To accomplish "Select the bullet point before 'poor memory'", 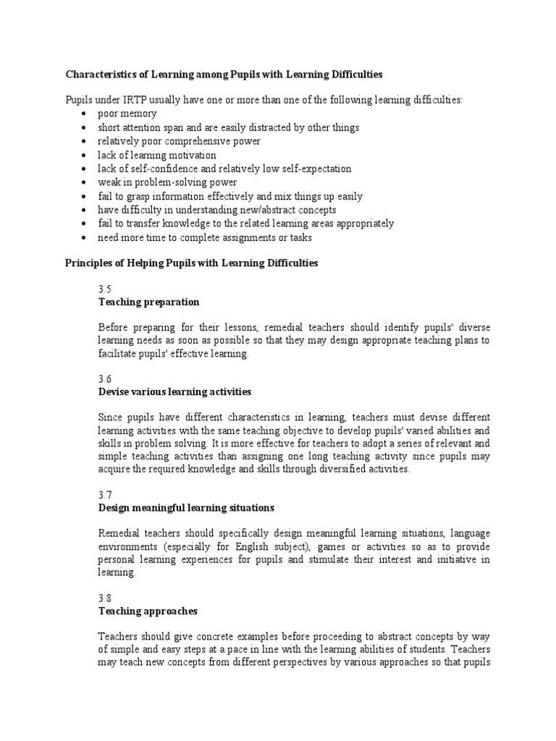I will (x=85, y=114).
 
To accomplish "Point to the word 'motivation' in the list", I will (x=191, y=155).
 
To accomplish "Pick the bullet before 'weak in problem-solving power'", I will (x=85, y=183).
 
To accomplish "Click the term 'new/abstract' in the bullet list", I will (x=261, y=210).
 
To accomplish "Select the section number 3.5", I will (x=105, y=288).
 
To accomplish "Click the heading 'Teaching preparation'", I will (x=148, y=302).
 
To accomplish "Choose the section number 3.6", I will (x=105, y=378).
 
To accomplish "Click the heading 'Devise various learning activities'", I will (x=174, y=391).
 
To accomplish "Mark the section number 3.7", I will (x=105, y=495).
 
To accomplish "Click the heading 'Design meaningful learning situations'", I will (x=186, y=508).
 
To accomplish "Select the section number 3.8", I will (x=105, y=598).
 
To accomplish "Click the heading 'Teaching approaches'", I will (x=148, y=611).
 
